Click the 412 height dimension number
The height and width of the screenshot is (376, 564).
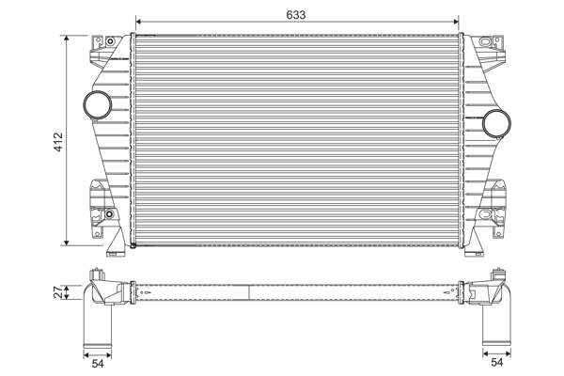[x=57, y=141]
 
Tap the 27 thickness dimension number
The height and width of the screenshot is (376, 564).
[x=57, y=293]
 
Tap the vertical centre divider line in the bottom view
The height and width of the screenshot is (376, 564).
[x=248, y=291]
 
